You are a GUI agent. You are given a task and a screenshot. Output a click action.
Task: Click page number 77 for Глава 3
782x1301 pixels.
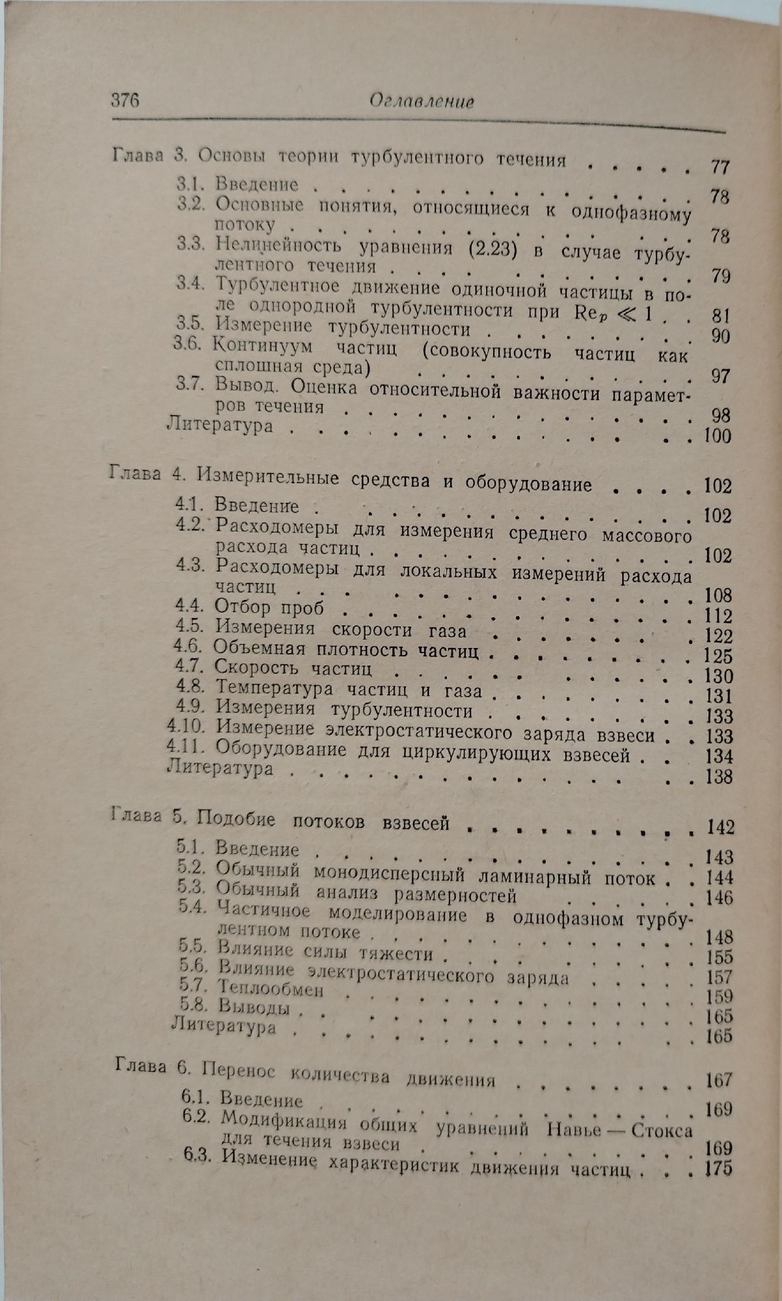(x=719, y=167)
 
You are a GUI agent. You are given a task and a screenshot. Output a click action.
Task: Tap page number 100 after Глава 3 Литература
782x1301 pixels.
(x=717, y=435)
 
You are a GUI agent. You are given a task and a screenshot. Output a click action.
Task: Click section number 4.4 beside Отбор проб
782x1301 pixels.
(x=190, y=606)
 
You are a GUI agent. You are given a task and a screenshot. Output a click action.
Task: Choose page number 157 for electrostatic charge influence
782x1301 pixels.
(x=718, y=978)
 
